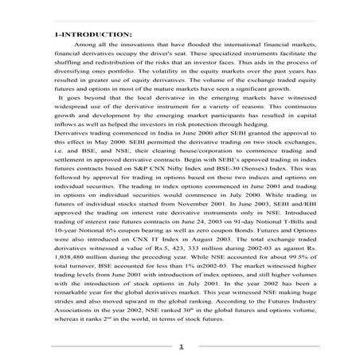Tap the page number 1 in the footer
pos(181,346)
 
